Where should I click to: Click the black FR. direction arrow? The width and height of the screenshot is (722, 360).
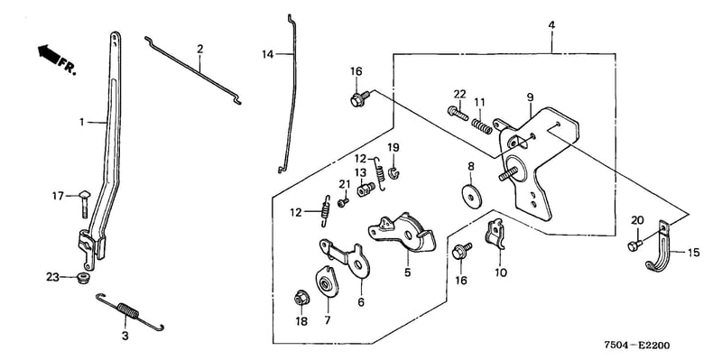[x=49, y=54]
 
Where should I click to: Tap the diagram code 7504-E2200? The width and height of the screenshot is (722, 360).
[x=637, y=346]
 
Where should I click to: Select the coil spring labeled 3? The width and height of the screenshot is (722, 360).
[x=129, y=311]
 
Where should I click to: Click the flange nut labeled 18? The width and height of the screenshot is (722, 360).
[x=301, y=299]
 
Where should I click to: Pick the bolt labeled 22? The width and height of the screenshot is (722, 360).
[x=458, y=113]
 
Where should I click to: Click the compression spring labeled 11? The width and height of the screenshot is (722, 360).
[x=481, y=126]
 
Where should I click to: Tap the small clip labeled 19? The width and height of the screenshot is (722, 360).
[x=394, y=172]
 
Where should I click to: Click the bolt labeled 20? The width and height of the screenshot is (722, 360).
[x=635, y=245]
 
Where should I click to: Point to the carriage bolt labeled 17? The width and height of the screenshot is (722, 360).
[x=86, y=203]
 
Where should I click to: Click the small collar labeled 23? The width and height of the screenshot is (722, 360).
[x=83, y=278]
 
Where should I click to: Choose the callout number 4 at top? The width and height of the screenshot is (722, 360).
[x=551, y=24]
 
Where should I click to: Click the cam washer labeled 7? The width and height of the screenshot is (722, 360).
[x=327, y=282]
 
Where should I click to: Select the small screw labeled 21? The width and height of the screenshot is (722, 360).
[x=343, y=202]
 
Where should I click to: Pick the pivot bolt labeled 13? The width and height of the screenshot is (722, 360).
[x=366, y=189]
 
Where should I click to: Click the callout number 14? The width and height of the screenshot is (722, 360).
[x=267, y=55]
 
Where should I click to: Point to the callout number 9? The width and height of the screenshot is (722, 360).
[x=530, y=97]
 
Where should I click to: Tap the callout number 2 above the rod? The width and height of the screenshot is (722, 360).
[x=199, y=49]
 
